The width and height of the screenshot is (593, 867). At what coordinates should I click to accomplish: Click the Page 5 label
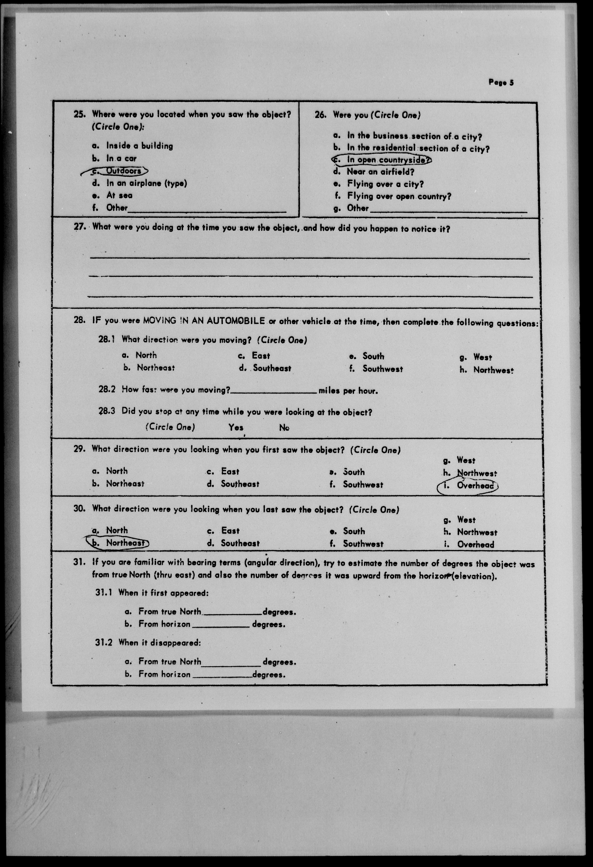[x=501, y=83]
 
